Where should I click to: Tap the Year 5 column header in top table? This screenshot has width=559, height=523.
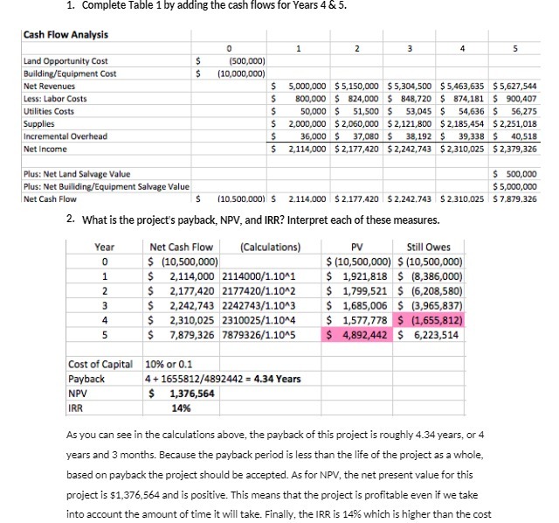tap(524, 49)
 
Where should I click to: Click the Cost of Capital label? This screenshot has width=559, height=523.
tap(100, 364)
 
